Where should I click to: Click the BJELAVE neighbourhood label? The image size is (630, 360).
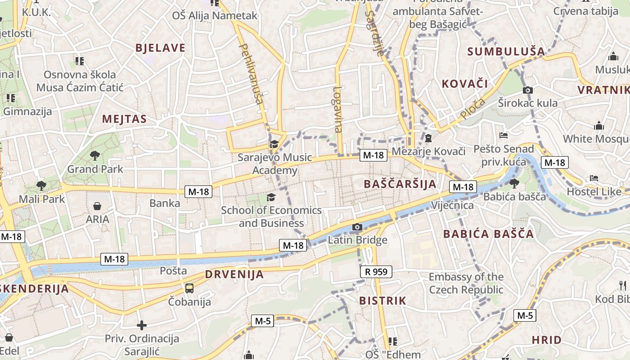coord(160,48)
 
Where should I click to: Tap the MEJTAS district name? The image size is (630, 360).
coord(125,119)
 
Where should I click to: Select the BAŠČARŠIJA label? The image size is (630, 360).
coord(400,184)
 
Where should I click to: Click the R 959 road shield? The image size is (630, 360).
coord(376,272)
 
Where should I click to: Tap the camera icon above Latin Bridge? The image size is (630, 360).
coord(357,227)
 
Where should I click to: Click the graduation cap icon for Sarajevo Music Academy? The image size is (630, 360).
coord(274,144)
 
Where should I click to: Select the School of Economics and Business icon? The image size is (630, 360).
coord(271,197)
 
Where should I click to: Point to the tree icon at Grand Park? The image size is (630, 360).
coord(94,156)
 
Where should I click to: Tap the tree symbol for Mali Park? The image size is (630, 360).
coord(41,185)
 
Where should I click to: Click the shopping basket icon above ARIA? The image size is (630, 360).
coord(97,206)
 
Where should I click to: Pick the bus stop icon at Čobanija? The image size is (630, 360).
coord(189,288)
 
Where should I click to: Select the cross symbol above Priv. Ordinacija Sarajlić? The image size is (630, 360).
coord(142,325)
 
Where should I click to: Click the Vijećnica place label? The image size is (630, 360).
coord(452,206)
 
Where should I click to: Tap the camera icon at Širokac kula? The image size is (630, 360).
coord(528,90)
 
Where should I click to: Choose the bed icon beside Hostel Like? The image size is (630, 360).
coord(594,178)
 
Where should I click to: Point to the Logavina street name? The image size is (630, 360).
coord(337,109)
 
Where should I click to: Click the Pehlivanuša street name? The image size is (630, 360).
coord(251,74)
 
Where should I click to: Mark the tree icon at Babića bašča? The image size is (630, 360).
coord(514,183)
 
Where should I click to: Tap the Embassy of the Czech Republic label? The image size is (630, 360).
coord(466,283)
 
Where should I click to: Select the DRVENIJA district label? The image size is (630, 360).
coord(234,274)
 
